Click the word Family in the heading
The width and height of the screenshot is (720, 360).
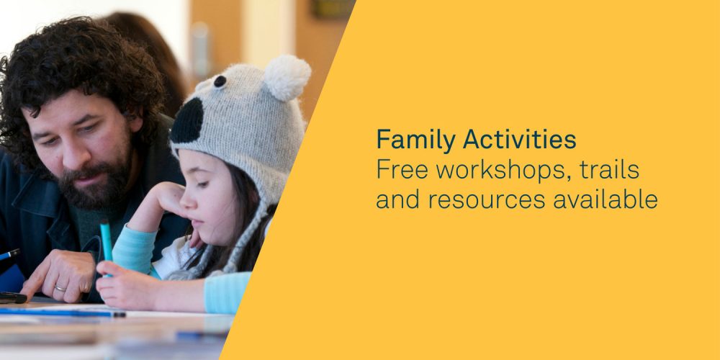point(416,140)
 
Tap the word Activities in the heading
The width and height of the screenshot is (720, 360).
point(519,139)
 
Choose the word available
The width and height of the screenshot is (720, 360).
point(606,199)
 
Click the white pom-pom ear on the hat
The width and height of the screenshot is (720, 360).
point(287,77)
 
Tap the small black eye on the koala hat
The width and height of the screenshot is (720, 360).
point(220,81)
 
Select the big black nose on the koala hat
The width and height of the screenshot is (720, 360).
point(187,120)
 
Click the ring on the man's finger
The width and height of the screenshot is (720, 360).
point(60,289)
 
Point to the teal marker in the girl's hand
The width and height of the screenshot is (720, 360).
point(106,246)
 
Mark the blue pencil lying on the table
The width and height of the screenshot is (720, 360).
point(63,312)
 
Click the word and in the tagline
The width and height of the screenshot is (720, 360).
point(398,199)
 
